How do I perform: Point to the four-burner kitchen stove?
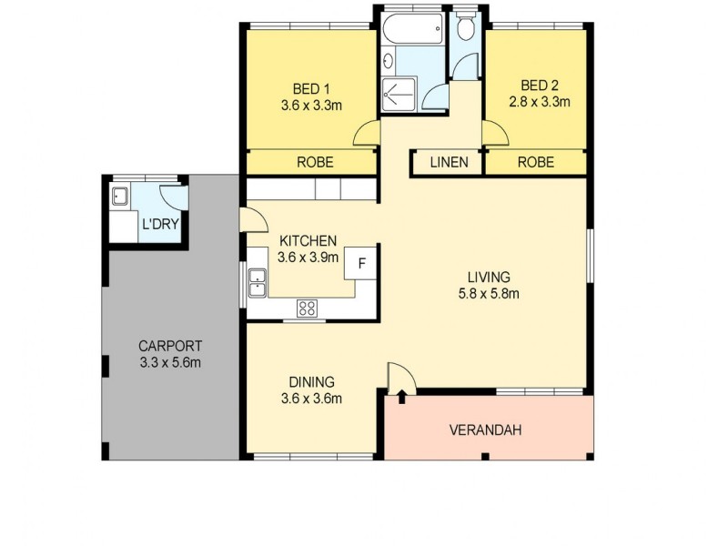[307, 308]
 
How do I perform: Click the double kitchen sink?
[257, 282]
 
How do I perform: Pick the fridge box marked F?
[361, 264]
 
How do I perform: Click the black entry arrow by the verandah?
[401, 397]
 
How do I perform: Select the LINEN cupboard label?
[448, 163]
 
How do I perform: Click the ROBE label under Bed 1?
[315, 163]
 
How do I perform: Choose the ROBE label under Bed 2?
[535, 163]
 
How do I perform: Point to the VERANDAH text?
[485, 430]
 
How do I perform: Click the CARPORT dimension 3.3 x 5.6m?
[170, 363]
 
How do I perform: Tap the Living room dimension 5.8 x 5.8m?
[489, 293]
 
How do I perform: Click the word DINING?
[312, 381]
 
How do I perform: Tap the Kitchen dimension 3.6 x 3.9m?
[309, 257]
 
